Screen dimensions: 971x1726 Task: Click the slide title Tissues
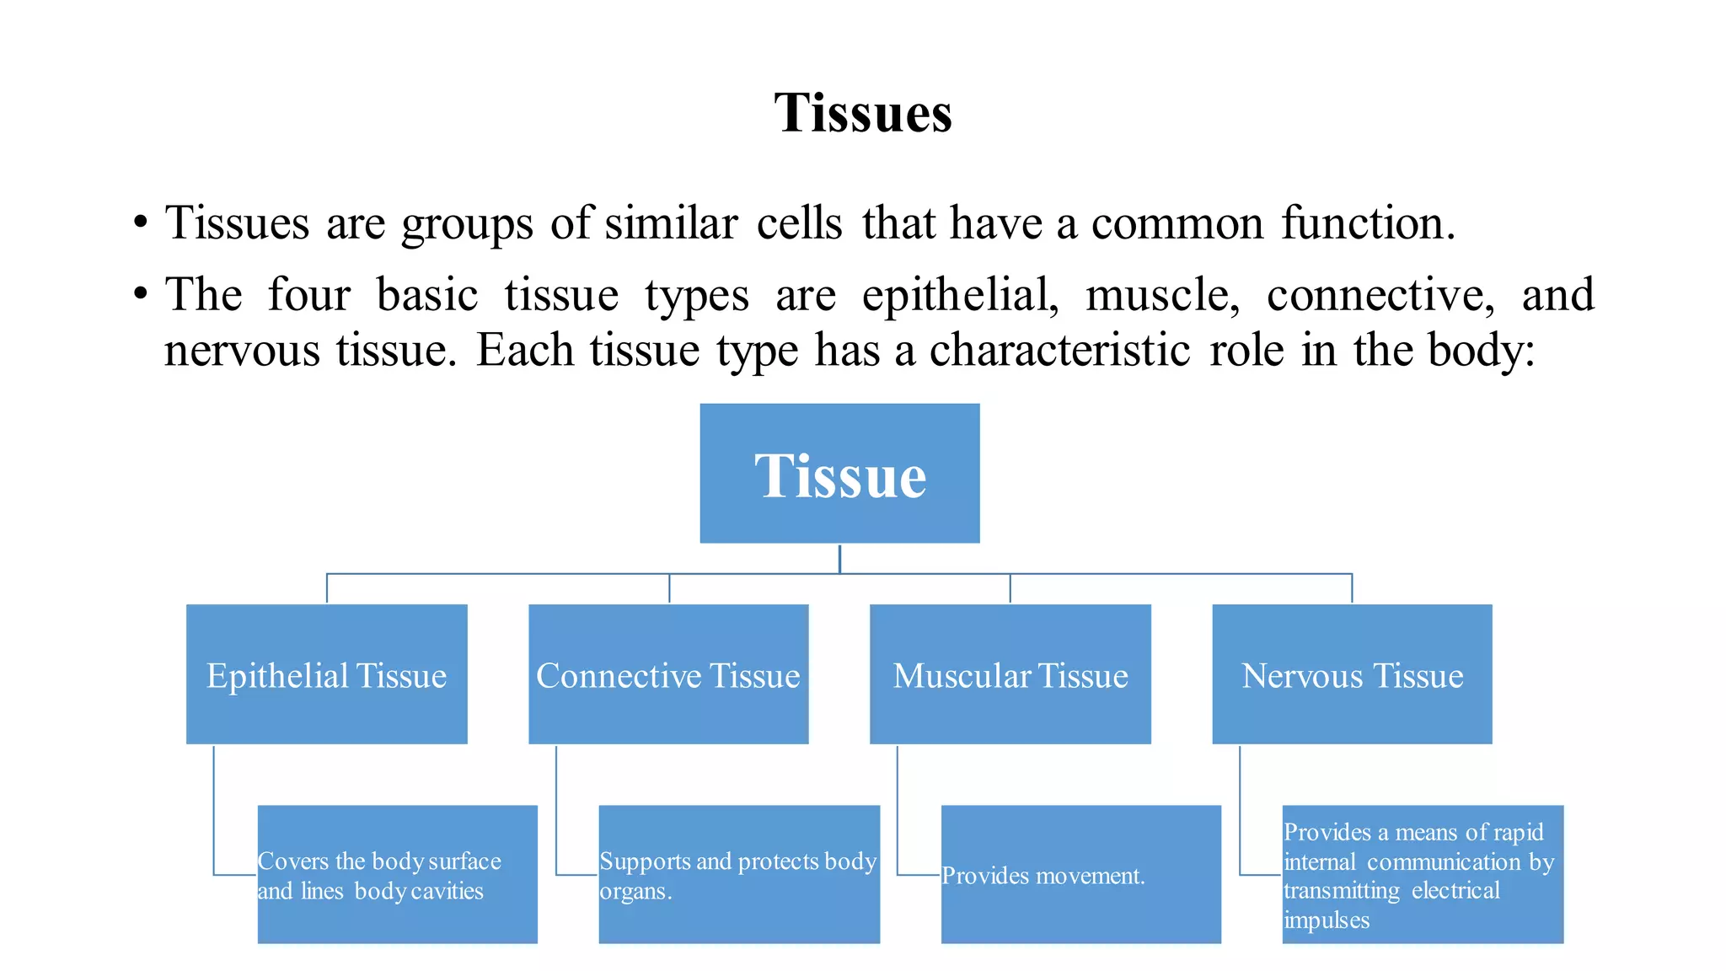click(x=863, y=113)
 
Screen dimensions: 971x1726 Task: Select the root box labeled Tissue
click(x=839, y=474)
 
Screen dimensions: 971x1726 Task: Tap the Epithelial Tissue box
click(x=326, y=674)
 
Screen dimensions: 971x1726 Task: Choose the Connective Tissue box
click(x=668, y=674)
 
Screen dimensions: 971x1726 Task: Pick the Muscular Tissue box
click(x=1010, y=674)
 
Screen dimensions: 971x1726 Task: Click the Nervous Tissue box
click(x=1352, y=674)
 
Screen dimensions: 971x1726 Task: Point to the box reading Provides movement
click(x=1080, y=875)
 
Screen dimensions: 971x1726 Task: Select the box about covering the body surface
click(x=397, y=875)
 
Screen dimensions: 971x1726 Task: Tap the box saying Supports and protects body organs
click(x=739, y=875)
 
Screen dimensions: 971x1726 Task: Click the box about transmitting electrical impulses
click(x=1423, y=875)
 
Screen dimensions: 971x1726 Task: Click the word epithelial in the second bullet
click(x=959, y=296)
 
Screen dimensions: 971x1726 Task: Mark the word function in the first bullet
click(x=1367, y=223)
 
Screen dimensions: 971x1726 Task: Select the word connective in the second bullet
click(x=1380, y=296)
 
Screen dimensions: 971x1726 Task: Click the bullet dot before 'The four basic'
click(x=141, y=296)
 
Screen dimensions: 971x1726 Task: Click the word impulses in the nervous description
click(x=1327, y=920)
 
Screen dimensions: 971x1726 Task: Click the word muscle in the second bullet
click(x=1162, y=296)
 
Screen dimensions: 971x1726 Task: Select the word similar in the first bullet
click(x=671, y=223)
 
